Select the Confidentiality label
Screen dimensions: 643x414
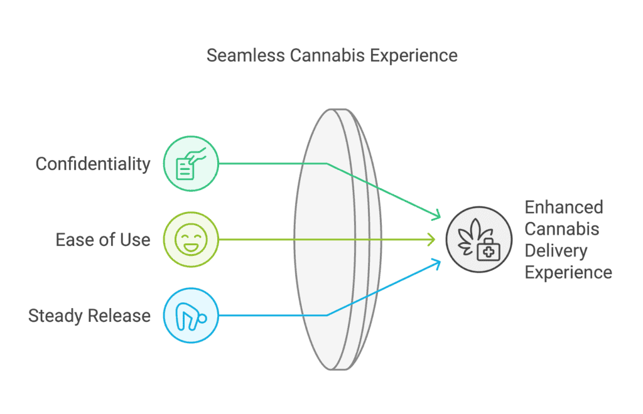pos(93,164)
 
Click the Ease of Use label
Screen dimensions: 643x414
pos(103,240)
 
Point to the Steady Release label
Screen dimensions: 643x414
pos(89,316)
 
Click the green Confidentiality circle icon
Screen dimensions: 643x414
pos(191,164)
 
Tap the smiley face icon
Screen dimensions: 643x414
pos(191,240)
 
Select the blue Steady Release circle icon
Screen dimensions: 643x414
pos(191,316)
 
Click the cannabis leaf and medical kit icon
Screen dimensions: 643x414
pos(479,240)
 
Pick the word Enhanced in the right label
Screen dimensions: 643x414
pos(564,208)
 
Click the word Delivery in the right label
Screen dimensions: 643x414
pos(556,251)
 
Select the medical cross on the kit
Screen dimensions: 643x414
pos(489,252)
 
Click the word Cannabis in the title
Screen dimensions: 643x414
pos(327,56)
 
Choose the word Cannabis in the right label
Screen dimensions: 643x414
pos(562,230)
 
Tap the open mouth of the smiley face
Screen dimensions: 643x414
pos(191,247)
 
